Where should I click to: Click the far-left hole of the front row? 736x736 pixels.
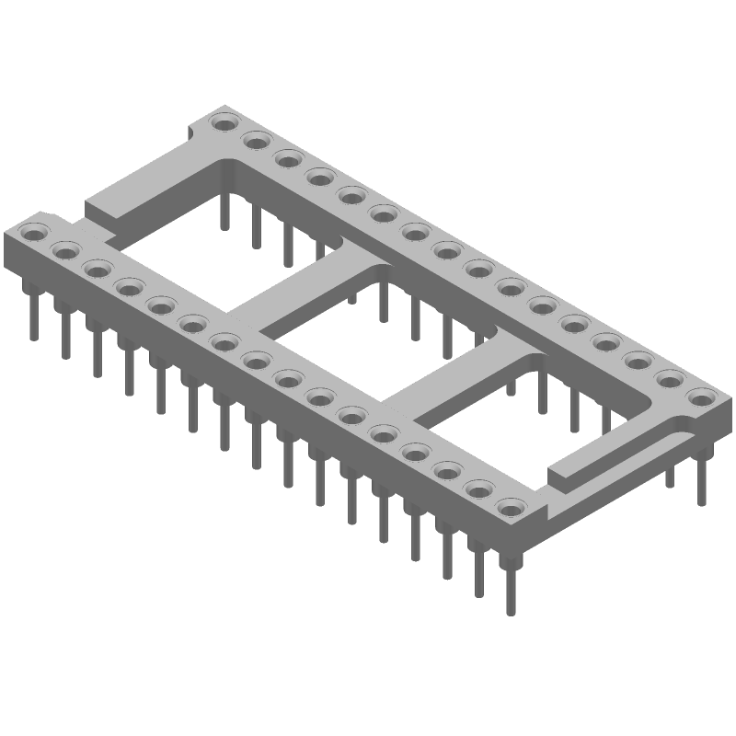click(34, 234)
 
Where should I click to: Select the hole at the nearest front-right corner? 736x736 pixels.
click(509, 506)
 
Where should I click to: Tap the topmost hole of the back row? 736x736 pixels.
click(224, 122)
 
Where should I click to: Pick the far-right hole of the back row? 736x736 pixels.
click(701, 397)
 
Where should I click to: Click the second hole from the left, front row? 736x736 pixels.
click(65, 250)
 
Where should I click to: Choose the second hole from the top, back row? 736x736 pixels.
click(257, 141)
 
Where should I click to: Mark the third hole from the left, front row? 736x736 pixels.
click(96, 269)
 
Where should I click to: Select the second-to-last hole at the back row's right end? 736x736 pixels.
click(669, 378)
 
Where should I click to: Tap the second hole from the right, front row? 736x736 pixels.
click(478, 489)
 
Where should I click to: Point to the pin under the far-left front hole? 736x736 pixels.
click(34, 313)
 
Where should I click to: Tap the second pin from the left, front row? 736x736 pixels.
click(65, 331)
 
